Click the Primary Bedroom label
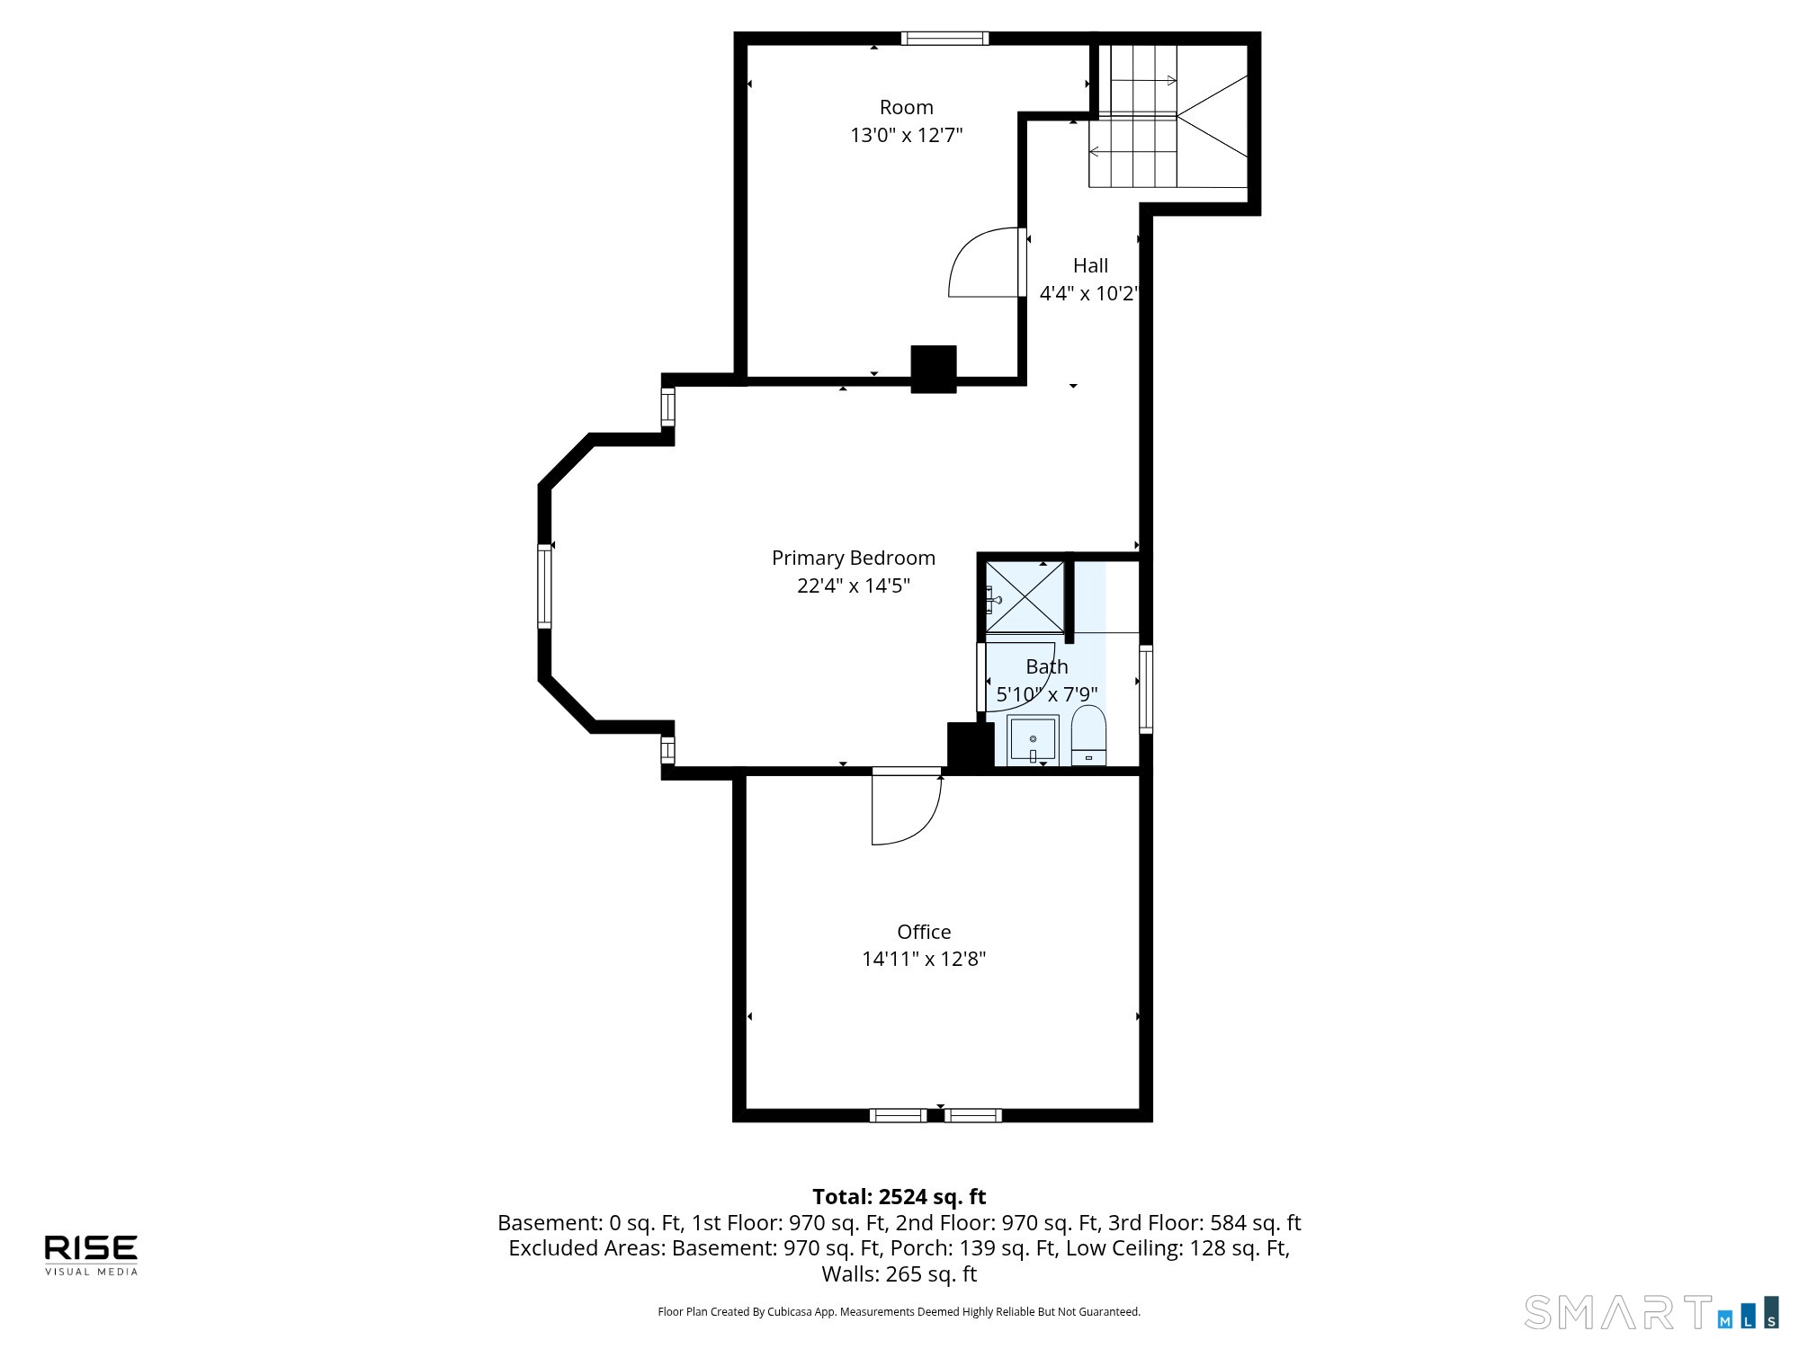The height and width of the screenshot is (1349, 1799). [854, 558]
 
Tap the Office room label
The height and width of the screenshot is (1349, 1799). [924, 932]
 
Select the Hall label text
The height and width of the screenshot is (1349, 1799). [1090, 265]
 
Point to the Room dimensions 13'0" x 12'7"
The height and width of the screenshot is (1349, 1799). [907, 135]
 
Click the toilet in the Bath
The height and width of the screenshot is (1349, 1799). [1088, 735]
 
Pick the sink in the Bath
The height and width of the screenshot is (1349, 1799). [1033, 739]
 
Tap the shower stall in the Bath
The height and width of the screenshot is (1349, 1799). [1025, 597]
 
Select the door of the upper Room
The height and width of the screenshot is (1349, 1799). [987, 262]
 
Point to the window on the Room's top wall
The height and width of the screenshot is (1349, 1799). [944, 38]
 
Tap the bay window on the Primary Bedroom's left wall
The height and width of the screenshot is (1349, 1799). [544, 585]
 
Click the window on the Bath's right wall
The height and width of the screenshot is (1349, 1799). [1146, 689]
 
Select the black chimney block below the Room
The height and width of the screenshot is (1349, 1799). [934, 369]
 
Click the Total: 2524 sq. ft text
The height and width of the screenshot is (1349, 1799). [899, 1197]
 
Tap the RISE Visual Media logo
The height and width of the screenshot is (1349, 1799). [92, 1255]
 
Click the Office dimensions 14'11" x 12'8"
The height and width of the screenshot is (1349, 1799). [924, 959]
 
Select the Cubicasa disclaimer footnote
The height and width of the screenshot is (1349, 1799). [899, 1312]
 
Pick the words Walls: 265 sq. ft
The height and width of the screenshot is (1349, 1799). [899, 1274]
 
